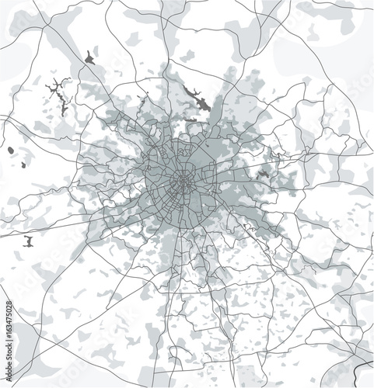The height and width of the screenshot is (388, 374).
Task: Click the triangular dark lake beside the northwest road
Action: point(90,57)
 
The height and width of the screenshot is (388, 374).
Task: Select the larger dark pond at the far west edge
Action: point(11,151)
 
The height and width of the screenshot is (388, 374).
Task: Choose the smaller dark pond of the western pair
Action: point(24,164)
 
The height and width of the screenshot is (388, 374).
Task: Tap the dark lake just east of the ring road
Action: point(264,174)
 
